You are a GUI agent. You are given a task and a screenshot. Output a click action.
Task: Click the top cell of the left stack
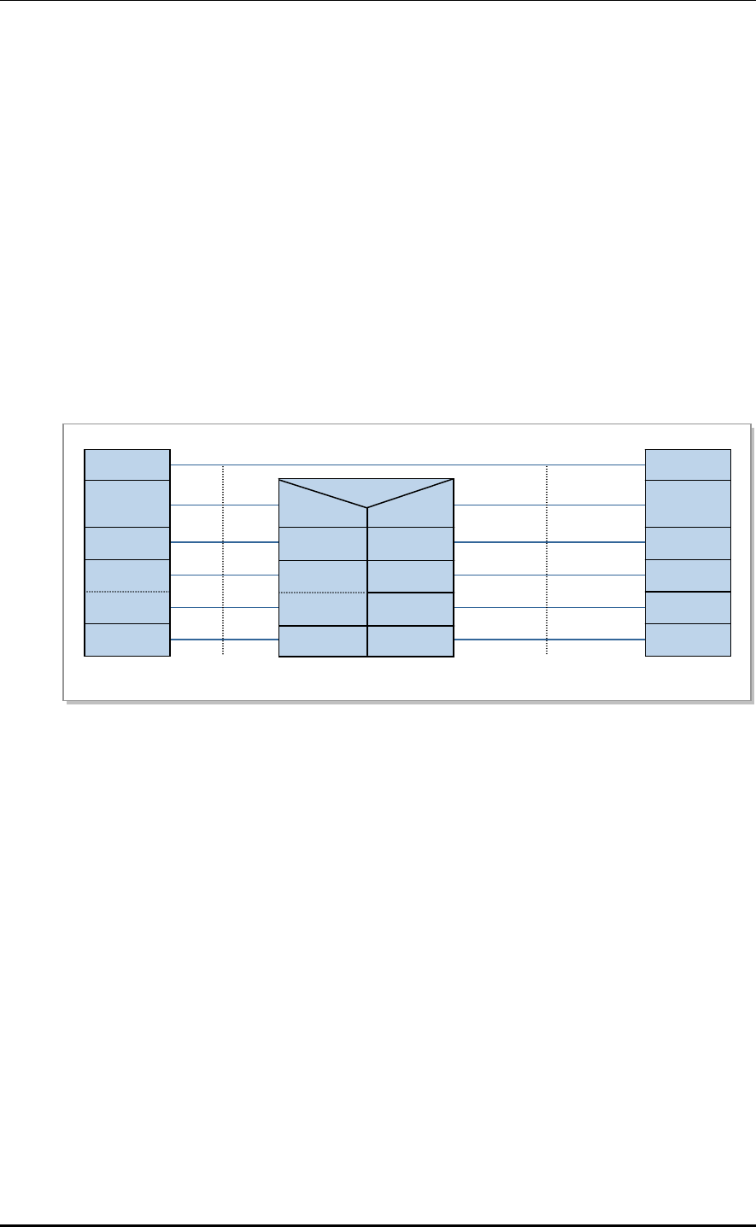point(127,465)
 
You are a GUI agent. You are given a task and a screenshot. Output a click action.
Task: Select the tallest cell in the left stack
point(127,504)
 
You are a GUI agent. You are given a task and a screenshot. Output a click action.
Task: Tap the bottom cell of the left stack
point(127,640)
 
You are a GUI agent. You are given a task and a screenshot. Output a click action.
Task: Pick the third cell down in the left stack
point(127,543)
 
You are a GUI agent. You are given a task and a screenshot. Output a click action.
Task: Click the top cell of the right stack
point(688,465)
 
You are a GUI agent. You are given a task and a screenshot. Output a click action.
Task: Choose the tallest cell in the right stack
point(688,504)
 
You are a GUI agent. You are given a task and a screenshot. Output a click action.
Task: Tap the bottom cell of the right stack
point(688,640)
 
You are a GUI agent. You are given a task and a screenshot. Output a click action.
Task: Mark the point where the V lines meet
point(367,508)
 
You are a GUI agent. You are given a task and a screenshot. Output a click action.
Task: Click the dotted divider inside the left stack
point(127,592)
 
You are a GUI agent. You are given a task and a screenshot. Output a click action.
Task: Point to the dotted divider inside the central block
point(323,592)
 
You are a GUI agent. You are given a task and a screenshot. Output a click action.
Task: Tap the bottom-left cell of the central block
point(323,641)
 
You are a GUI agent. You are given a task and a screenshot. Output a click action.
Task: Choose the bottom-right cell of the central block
point(411,641)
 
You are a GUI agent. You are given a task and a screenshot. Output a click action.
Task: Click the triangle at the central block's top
point(367,490)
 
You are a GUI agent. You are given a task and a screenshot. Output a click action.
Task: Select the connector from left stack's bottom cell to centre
point(225,640)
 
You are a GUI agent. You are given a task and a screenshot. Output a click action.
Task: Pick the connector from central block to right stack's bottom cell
point(549,640)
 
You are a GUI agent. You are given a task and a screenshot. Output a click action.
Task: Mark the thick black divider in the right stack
point(688,592)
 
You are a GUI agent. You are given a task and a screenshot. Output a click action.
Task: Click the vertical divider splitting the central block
point(367,581)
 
